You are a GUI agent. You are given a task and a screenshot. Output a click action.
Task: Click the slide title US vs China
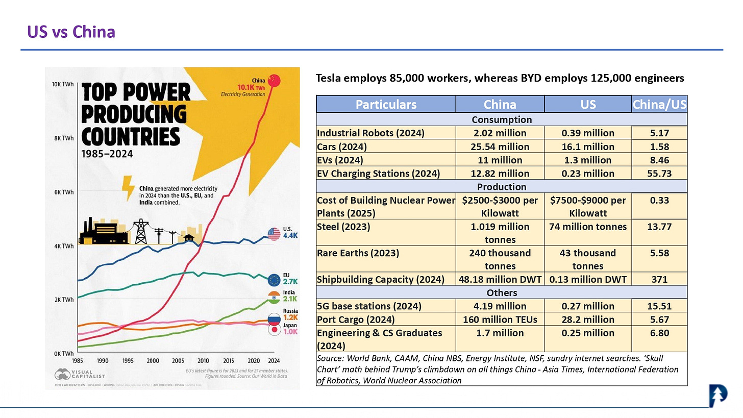pyautogui.click(x=71, y=32)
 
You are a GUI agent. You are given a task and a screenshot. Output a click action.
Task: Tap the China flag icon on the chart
pyautogui.click(x=275, y=81)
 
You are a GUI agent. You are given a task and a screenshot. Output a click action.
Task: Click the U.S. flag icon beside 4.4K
pyautogui.click(x=274, y=234)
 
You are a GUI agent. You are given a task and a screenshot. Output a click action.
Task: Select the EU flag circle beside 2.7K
pyautogui.click(x=275, y=279)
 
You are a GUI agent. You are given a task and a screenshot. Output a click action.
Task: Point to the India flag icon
pyautogui.click(x=275, y=297)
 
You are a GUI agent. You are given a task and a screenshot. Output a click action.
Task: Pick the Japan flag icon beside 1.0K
pyautogui.click(x=275, y=330)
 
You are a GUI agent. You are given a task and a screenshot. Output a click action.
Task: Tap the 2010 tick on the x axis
pyautogui.click(x=203, y=361)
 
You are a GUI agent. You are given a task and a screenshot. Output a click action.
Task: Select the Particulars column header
pyautogui.click(x=386, y=105)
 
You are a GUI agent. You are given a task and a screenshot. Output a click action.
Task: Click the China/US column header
pyautogui.click(x=659, y=105)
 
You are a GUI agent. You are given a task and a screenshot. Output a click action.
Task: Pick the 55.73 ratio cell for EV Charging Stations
pyautogui.click(x=659, y=174)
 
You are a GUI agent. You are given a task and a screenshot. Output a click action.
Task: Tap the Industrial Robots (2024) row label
pyautogui.click(x=371, y=133)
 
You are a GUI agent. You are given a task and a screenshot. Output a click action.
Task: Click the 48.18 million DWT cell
pyautogui.click(x=500, y=280)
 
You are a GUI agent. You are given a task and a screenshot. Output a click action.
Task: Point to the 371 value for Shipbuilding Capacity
pyautogui.click(x=659, y=280)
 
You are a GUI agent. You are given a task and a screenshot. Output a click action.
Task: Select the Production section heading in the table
pyautogui.click(x=501, y=187)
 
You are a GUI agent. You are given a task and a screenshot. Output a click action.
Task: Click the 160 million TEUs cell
pyautogui.click(x=500, y=319)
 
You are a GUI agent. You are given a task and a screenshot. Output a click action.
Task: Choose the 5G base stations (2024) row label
pyautogui.click(x=369, y=306)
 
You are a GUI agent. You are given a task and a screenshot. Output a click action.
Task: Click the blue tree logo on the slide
pyautogui.click(x=718, y=396)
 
